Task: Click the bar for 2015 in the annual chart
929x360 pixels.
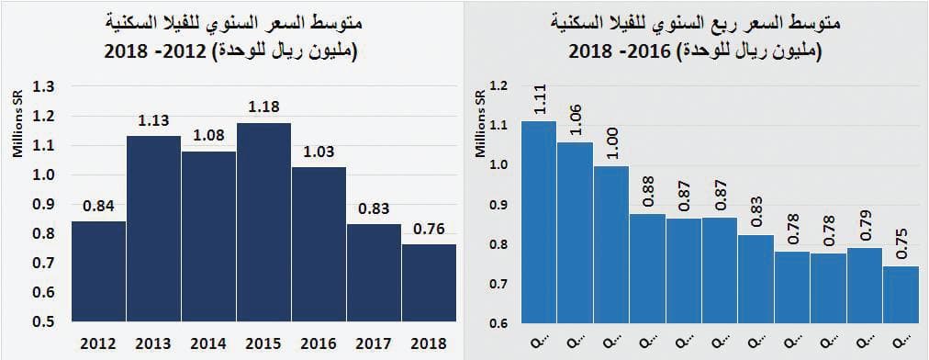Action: [x=263, y=222]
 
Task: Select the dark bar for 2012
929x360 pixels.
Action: [x=98, y=271]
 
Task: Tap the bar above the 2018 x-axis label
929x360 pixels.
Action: [x=429, y=282]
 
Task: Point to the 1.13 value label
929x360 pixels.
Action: [x=153, y=120]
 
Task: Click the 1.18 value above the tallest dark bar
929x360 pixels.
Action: [x=263, y=107]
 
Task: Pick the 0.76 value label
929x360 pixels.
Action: [x=429, y=228]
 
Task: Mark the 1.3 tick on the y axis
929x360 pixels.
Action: [x=44, y=86]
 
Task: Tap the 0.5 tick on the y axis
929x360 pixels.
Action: [x=44, y=321]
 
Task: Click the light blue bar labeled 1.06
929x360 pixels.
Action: [x=576, y=232]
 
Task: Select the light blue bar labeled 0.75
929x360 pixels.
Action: [x=901, y=294]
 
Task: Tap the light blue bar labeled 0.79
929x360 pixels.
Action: [x=865, y=286]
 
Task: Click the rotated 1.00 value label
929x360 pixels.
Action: [x=611, y=145]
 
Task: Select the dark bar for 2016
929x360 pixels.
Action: [x=319, y=244]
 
